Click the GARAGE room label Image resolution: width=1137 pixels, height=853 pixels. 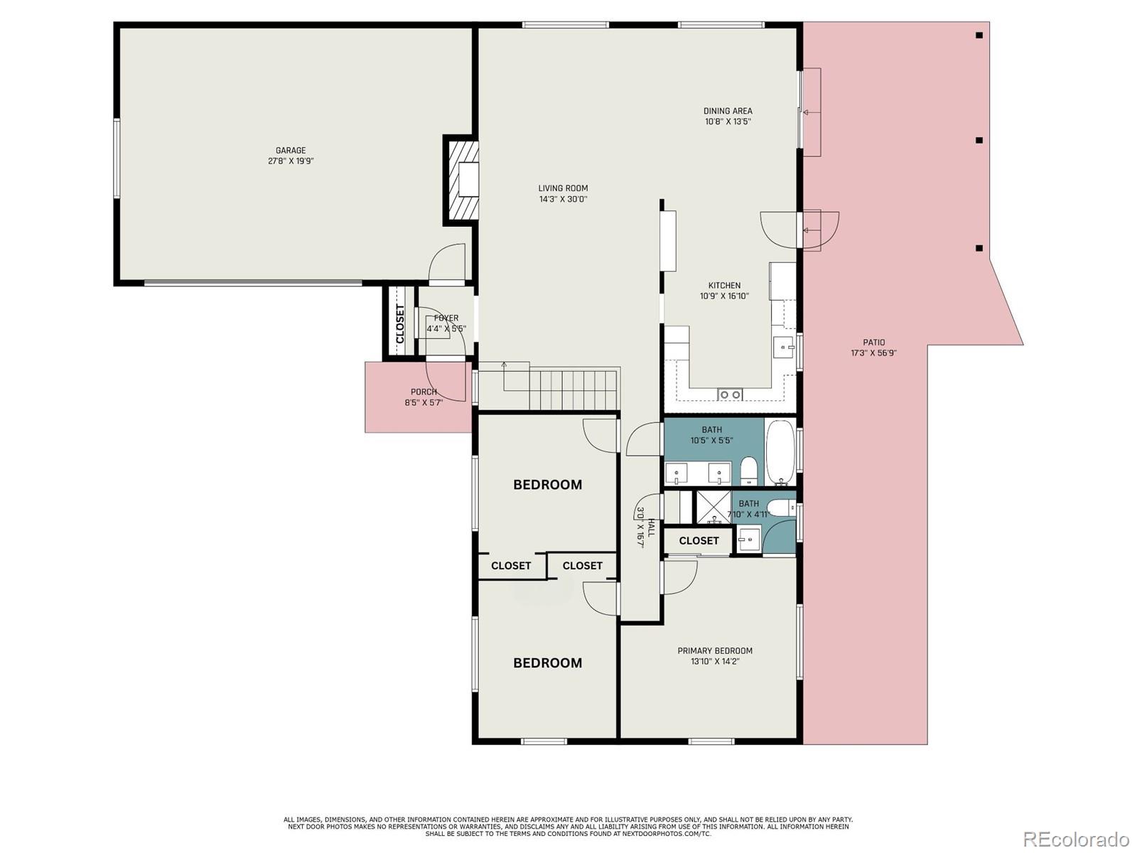coord(291,151)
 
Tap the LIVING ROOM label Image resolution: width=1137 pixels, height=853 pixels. coord(563,188)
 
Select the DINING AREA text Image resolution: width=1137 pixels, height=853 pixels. coord(728,111)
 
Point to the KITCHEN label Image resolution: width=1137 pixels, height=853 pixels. coord(724,286)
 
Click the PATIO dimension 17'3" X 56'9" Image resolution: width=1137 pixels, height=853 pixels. coord(873,353)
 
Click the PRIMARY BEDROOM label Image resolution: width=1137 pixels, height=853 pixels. coord(714,650)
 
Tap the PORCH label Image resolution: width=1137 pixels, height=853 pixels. coord(424,392)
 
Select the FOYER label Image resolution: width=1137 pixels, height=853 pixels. coord(446,318)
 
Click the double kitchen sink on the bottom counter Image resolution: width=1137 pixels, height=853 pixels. coord(730,395)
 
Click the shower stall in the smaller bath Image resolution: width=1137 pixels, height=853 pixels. coord(713,508)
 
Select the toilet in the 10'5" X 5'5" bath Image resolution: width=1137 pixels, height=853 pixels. coord(749,471)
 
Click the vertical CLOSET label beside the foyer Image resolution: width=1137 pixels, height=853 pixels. coord(400,324)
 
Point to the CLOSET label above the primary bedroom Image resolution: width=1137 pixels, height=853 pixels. coord(699,541)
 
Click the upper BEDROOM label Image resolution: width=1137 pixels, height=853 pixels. coord(547,485)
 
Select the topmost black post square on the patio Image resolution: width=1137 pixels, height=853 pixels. coord(979,35)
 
